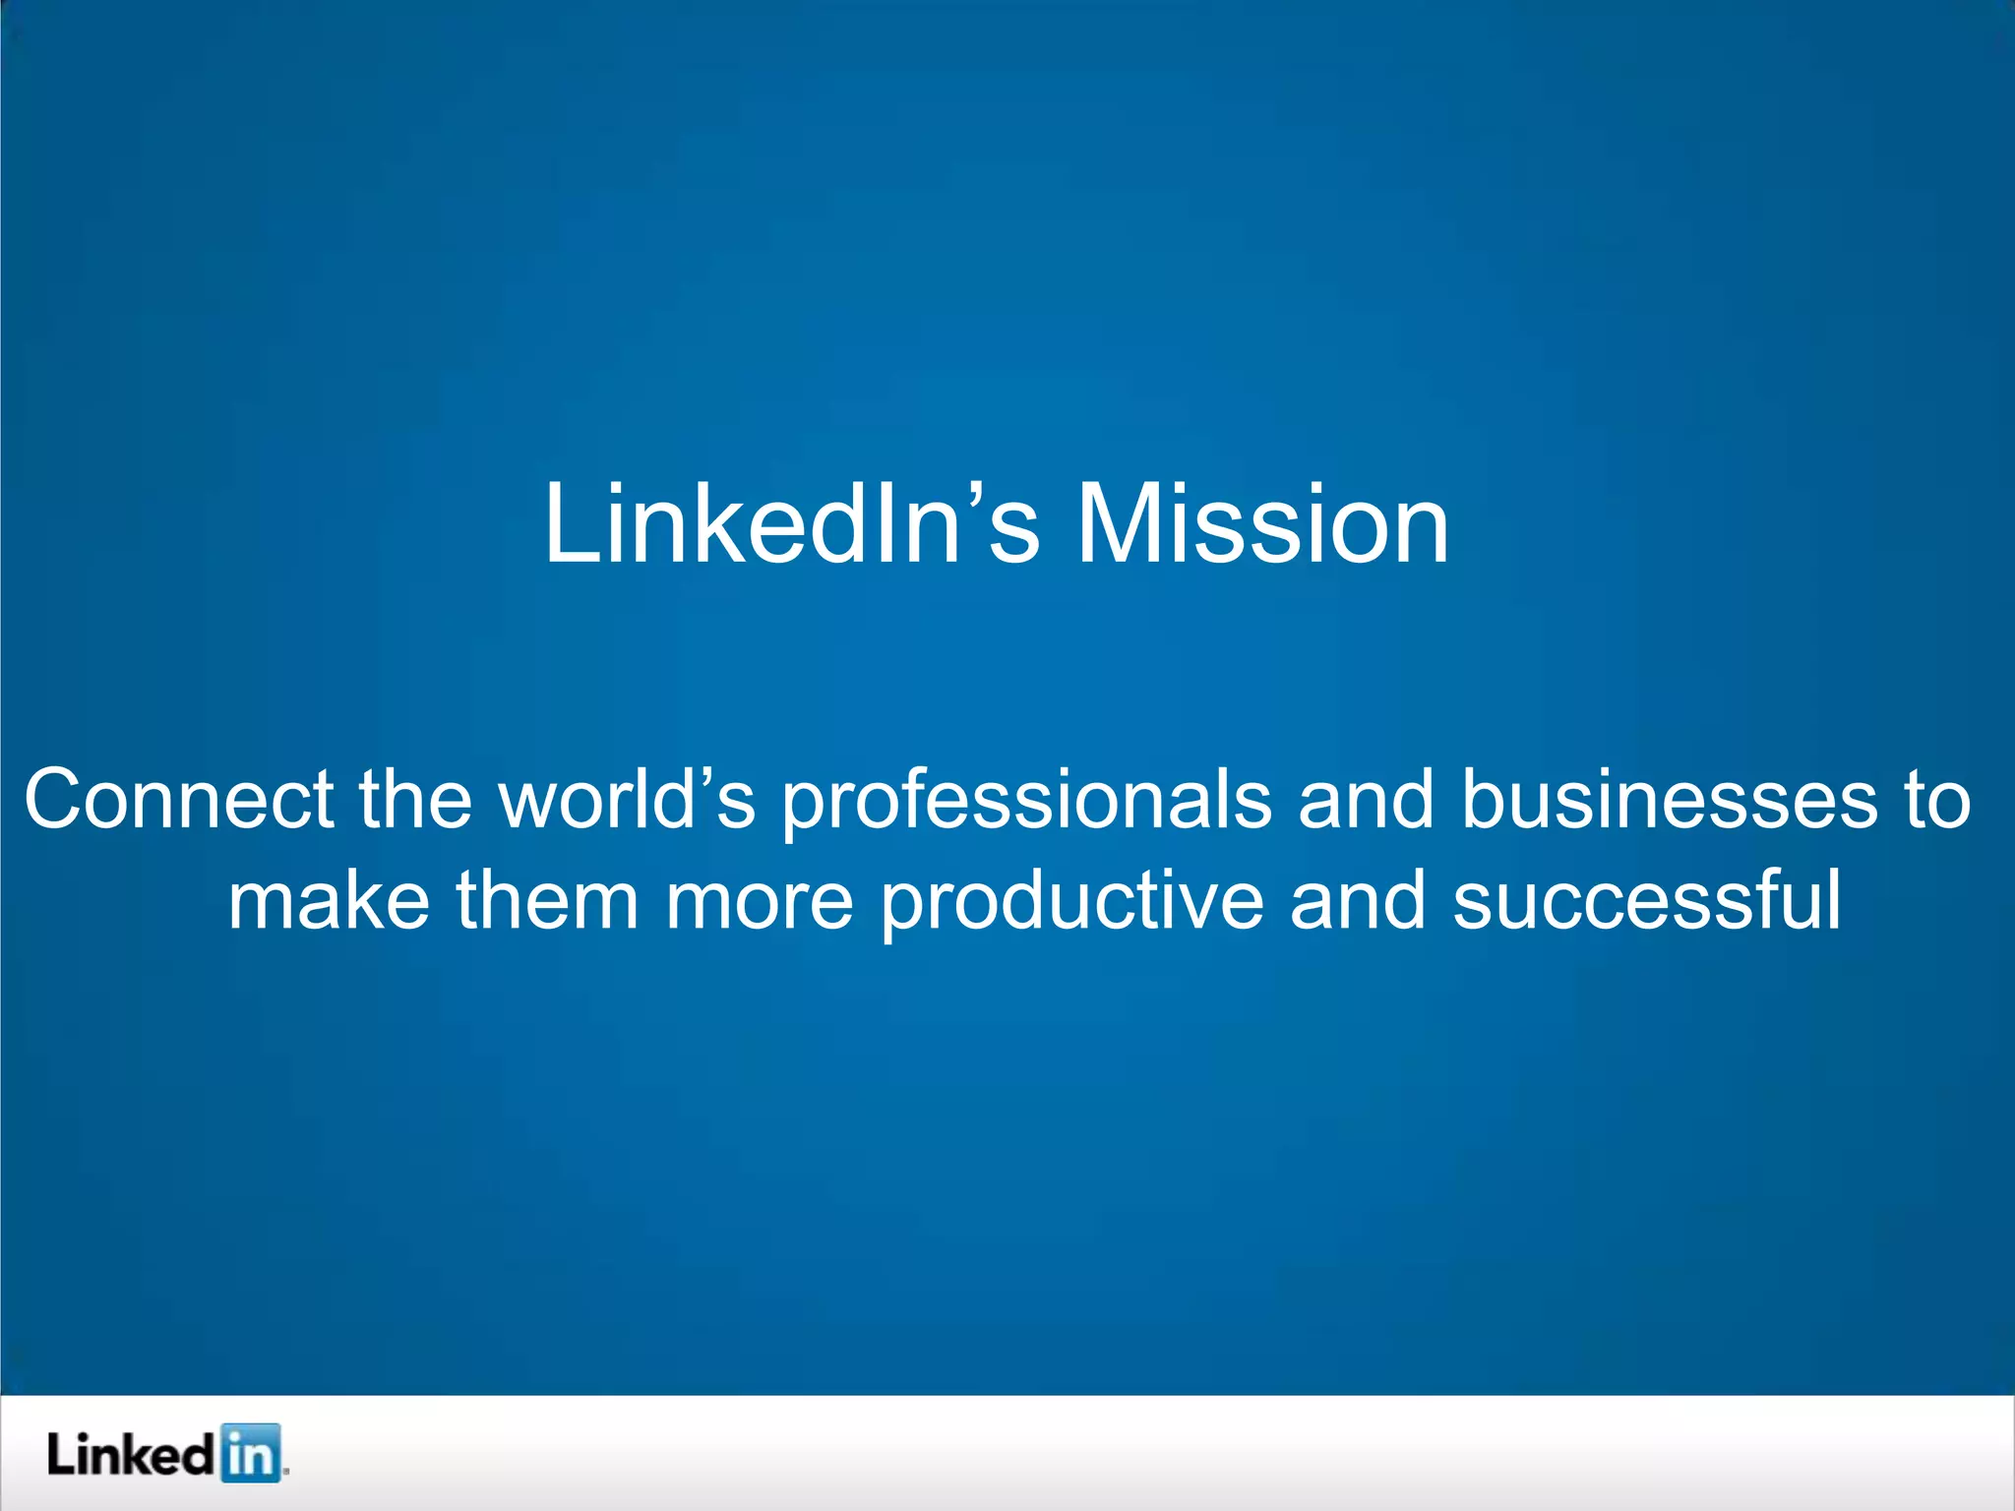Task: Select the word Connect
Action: (178, 799)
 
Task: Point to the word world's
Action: (627, 799)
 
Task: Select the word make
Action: (329, 901)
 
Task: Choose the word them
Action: (547, 901)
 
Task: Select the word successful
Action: (1646, 901)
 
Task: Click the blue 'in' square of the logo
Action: (250, 1452)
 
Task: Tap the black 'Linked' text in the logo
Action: (130, 1454)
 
